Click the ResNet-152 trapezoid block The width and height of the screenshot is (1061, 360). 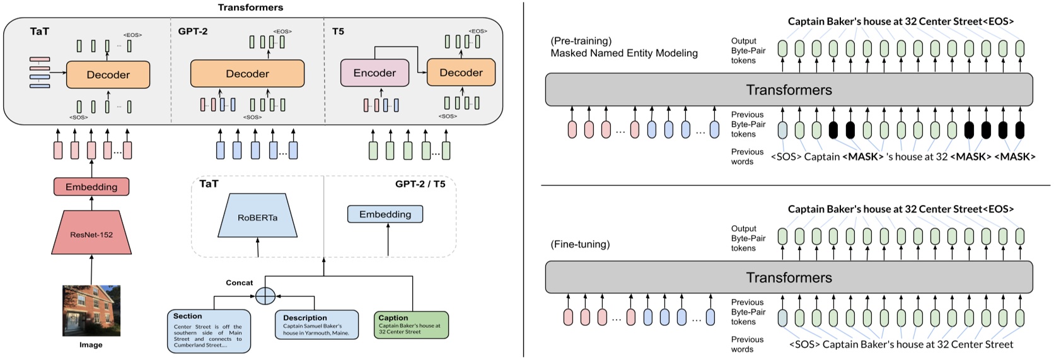coord(91,233)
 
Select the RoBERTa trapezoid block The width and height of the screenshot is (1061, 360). coord(258,216)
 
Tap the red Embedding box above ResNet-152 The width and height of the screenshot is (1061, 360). coord(91,187)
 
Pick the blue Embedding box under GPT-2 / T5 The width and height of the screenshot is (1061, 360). coord(385,214)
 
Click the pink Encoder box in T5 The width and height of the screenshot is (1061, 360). coord(374,73)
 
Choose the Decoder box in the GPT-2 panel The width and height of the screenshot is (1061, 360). coord(247,73)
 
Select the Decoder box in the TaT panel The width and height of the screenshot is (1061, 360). coord(108,74)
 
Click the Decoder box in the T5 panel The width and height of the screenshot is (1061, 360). coord(461,72)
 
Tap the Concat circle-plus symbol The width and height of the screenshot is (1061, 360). coord(265,296)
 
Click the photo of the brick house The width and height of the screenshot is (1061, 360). coord(91,310)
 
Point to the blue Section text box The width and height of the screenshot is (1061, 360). coord(209,331)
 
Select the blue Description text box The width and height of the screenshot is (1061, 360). coord(317,325)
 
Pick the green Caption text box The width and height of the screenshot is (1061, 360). coord(411,325)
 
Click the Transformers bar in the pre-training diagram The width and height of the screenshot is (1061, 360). coord(789,90)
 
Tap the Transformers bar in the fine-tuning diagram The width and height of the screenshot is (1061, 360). coord(789,277)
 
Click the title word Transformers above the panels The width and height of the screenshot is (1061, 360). coord(250,7)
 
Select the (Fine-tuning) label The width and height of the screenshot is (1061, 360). coord(580,245)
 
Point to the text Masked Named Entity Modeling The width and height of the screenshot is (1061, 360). coord(624,53)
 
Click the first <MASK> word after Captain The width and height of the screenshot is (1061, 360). coord(863,157)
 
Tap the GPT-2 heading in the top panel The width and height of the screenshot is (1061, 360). coord(193,32)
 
